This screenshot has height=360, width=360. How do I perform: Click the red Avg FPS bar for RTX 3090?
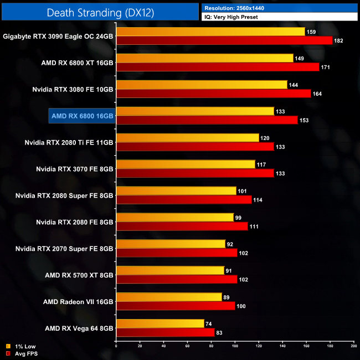click(224, 40)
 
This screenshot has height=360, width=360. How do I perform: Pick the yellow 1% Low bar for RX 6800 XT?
click(204, 58)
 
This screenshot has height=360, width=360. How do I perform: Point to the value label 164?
click(316, 94)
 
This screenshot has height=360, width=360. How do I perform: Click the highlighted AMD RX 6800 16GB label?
click(81, 116)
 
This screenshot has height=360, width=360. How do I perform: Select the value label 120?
click(265, 138)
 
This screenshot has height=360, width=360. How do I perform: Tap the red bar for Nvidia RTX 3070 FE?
click(195, 173)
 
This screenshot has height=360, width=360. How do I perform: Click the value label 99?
click(238, 218)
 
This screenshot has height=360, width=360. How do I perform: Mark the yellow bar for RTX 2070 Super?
click(171, 244)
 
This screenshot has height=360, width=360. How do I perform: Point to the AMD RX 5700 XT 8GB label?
click(79, 275)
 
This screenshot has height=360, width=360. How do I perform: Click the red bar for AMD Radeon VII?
click(175, 306)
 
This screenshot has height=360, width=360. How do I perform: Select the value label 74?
click(208, 323)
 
